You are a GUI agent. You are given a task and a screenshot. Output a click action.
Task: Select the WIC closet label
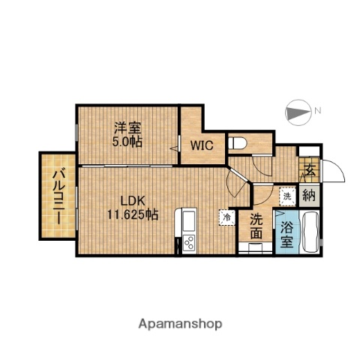pyautogui.click(x=201, y=145)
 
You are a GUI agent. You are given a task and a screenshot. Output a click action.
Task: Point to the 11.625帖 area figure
pyautogui.click(x=130, y=215)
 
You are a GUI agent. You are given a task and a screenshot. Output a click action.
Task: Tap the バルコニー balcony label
pyautogui.click(x=57, y=196)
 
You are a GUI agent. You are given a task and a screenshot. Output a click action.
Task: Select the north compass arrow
pyautogui.click(x=298, y=112)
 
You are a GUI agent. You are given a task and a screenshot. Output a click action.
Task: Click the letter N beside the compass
pyautogui.click(x=318, y=111)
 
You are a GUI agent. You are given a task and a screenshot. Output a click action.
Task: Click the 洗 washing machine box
pyautogui.click(x=286, y=196)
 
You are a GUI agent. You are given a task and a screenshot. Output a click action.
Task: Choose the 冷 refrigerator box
pyautogui.click(x=226, y=216)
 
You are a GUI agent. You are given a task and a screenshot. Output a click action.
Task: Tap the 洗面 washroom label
pyautogui.click(x=256, y=227)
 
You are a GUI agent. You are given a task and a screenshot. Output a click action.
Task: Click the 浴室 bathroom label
pyautogui.click(x=286, y=234)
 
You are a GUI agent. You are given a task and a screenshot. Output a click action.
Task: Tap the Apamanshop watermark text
pyautogui.click(x=180, y=324)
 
